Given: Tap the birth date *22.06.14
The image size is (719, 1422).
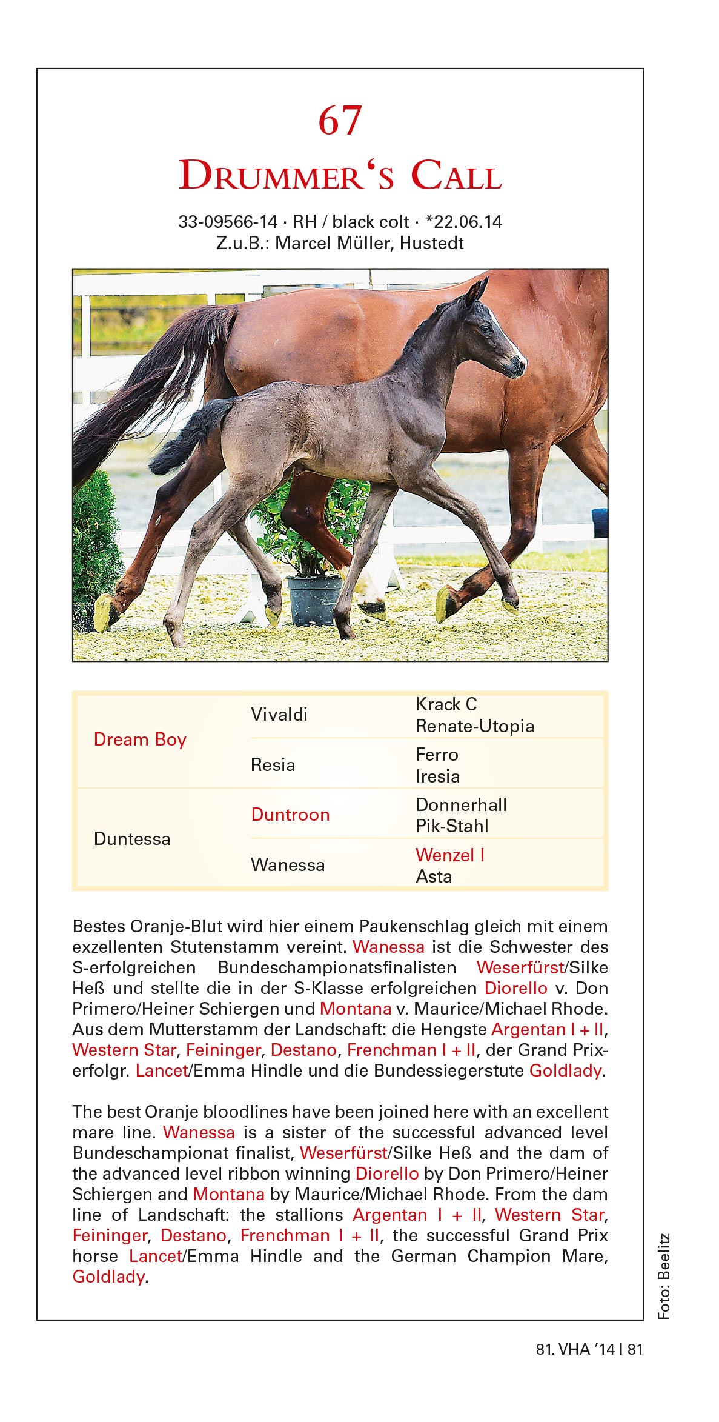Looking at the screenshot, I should click(464, 222).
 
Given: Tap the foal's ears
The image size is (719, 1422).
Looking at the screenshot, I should click(476, 292).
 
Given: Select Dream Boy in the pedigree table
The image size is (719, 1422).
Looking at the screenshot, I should click(140, 739).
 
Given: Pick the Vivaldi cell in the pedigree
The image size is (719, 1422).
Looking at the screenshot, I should click(279, 715).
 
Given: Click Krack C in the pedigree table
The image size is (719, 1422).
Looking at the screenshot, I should click(446, 704).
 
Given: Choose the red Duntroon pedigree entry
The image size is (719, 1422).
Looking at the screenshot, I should click(290, 815).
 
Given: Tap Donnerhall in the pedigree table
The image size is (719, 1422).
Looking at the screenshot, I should click(462, 805).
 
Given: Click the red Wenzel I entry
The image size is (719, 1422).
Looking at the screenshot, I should click(450, 855).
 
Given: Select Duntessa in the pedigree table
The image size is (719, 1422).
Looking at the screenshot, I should click(132, 839).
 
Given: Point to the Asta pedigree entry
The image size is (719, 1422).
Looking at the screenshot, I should click(434, 876).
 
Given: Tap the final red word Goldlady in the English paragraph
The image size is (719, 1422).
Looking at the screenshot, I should click(108, 1277).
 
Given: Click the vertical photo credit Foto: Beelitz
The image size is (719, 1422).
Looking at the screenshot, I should click(664, 1275).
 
